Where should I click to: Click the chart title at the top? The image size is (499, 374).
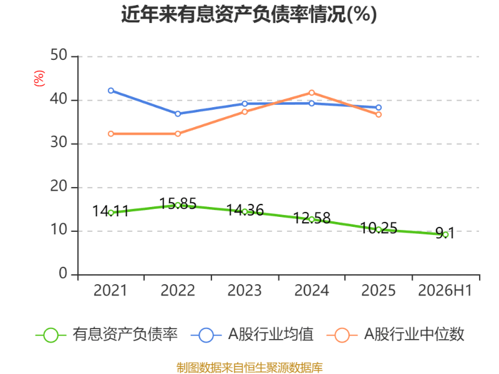[249, 14]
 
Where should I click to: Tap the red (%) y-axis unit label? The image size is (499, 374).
[39, 79]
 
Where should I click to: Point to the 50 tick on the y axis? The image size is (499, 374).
[59, 55]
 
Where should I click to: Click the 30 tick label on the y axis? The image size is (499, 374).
[59, 143]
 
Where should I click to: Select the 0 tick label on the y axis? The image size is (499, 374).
[63, 274]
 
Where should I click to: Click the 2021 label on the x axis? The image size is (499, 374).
[110, 290]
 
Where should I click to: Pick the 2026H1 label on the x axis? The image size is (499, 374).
[445, 290]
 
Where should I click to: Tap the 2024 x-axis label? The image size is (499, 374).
[311, 290]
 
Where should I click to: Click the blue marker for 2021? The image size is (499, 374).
[111, 90]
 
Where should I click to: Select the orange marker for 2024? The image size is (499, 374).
[311, 93]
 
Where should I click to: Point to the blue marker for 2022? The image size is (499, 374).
[178, 113]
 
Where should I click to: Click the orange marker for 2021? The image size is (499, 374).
[111, 134]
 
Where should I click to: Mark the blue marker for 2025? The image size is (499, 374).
[379, 107]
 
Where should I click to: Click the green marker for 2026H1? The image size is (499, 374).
[445, 235]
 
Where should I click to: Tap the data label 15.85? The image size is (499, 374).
[178, 204]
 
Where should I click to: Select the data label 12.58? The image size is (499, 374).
[311, 218]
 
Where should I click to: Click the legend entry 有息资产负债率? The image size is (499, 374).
[107, 335]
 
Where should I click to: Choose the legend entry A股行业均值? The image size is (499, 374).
[252, 335]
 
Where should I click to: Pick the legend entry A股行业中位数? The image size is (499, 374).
[395, 335]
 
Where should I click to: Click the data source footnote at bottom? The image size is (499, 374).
[249, 368]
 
